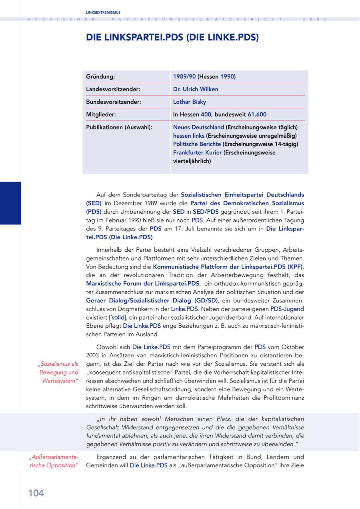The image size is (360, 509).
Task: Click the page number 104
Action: click(x=36, y=493)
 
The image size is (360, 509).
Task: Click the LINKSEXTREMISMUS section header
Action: click(x=103, y=12)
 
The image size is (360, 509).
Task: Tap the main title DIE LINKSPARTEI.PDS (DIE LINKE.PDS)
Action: click(x=172, y=38)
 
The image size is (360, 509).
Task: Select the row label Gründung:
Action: click(x=100, y=76)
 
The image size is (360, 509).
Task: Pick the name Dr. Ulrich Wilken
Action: click(x=196, y=89)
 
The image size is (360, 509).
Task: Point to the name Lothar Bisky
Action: click(x=190, y=102)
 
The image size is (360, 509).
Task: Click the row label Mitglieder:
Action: click(x=101, y=114)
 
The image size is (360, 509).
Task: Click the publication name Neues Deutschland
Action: click(x=198, y=127)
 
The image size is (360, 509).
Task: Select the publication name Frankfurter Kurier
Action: click(x=198, y=152)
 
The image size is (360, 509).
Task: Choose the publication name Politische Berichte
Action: click(x=197, y=144)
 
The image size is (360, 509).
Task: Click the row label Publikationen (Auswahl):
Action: click(x=119, y=127)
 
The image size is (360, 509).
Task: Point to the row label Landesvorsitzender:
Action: click(x=113, y=89)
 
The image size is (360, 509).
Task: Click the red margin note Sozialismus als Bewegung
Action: click(x=58, y=373)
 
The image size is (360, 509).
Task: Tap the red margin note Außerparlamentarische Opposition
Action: click(x=54, y=461)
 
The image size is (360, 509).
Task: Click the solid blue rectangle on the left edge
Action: click(x=10, y=203)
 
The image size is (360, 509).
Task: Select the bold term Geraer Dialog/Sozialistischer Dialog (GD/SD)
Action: click(x=152, y=301)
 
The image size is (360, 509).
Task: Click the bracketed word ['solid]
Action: click(x=118, y=317)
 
